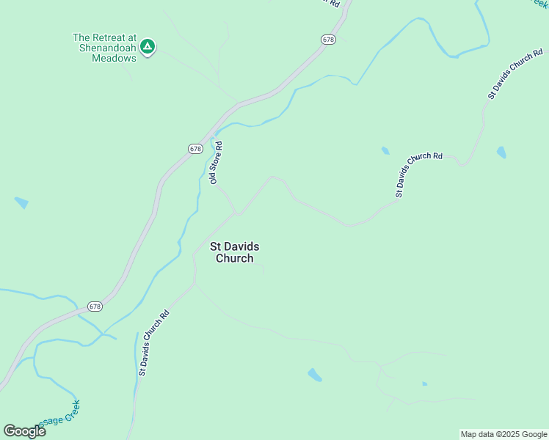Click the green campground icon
148,48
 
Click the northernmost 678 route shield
328,39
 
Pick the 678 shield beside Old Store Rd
194,149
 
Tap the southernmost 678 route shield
95,306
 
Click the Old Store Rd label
217,163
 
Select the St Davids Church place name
234,252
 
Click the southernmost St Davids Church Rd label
154,343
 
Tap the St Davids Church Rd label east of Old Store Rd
419,175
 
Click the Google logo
24,430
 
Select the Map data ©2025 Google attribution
503,434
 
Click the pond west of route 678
21,202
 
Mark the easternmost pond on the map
501,153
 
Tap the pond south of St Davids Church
315,375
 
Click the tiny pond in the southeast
424,384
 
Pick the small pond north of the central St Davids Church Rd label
385,151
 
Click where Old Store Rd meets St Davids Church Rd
236,213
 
